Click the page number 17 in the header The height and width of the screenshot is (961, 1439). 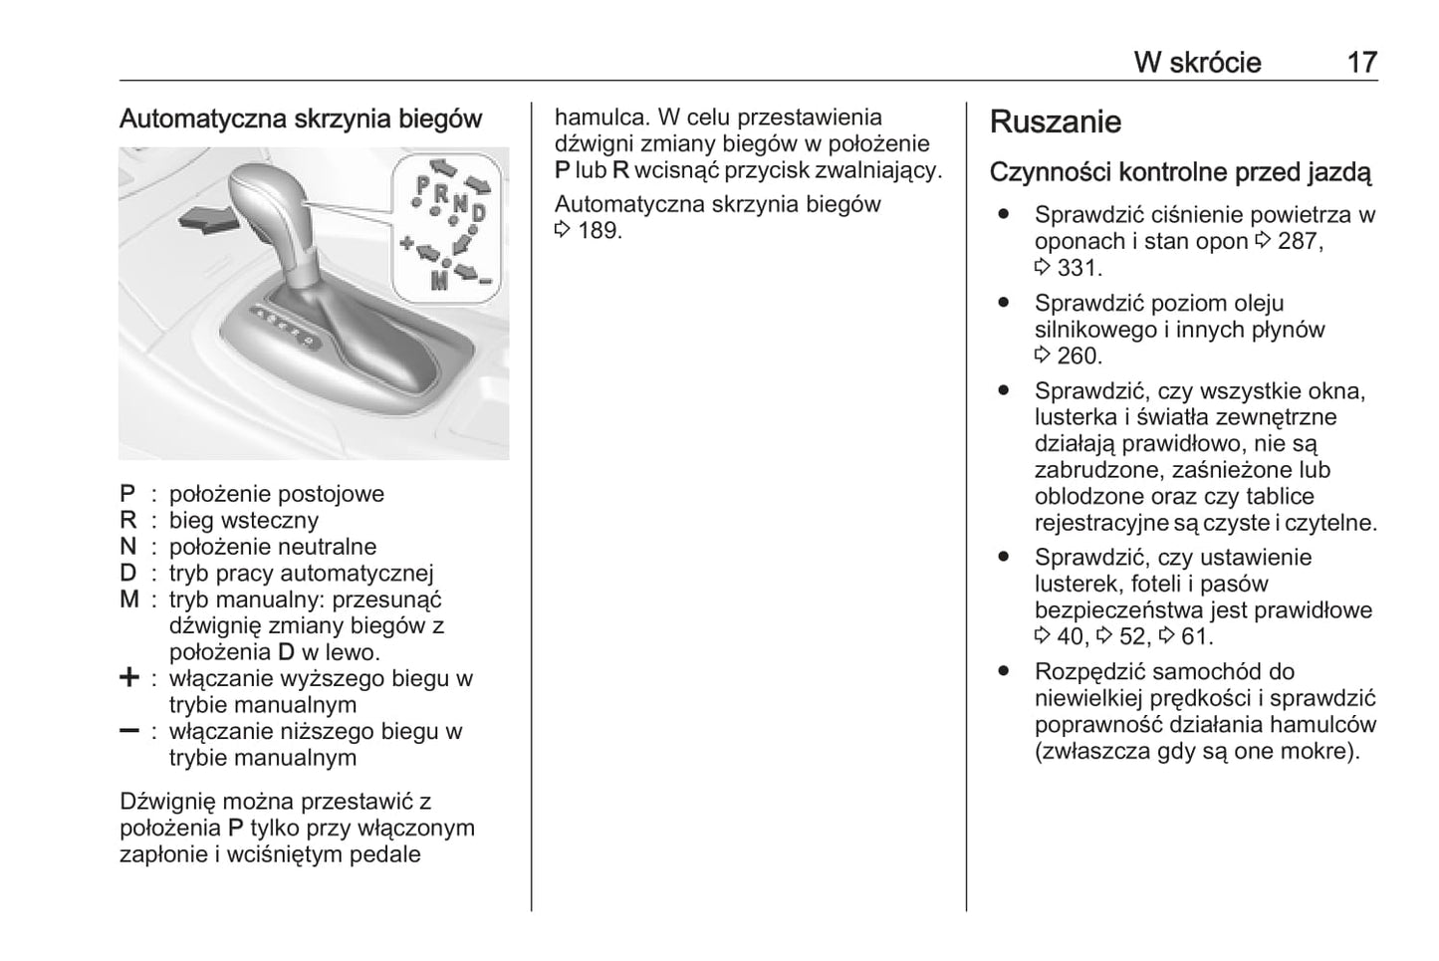pos(1361,63)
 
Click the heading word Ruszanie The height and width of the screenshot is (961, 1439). pos(1055,122)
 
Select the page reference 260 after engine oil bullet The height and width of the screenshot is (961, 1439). pos(1079,356)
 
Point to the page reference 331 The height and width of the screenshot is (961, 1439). pos(1079,268)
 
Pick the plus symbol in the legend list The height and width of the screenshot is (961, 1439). pos(129,678)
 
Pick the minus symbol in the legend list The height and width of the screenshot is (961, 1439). pos(129,731)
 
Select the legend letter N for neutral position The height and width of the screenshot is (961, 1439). pos(128,547)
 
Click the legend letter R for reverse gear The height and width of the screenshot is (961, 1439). pos(128,520)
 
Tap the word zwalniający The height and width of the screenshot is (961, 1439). pos(881,169)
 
